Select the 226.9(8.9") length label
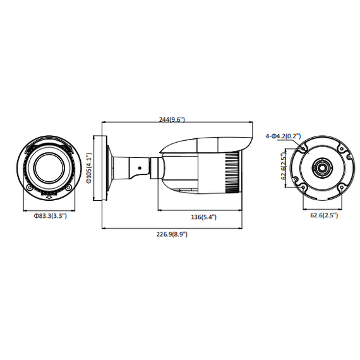[171, 234]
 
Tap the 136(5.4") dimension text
[203, 217]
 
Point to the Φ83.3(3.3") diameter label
[50, 216]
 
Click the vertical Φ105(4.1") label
[90, 168]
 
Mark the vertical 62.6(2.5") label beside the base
[285, 169]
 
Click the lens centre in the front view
[50, 167]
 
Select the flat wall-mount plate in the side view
[104, 167]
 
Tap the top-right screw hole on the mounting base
[343, 150]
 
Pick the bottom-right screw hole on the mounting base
[343, 187]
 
